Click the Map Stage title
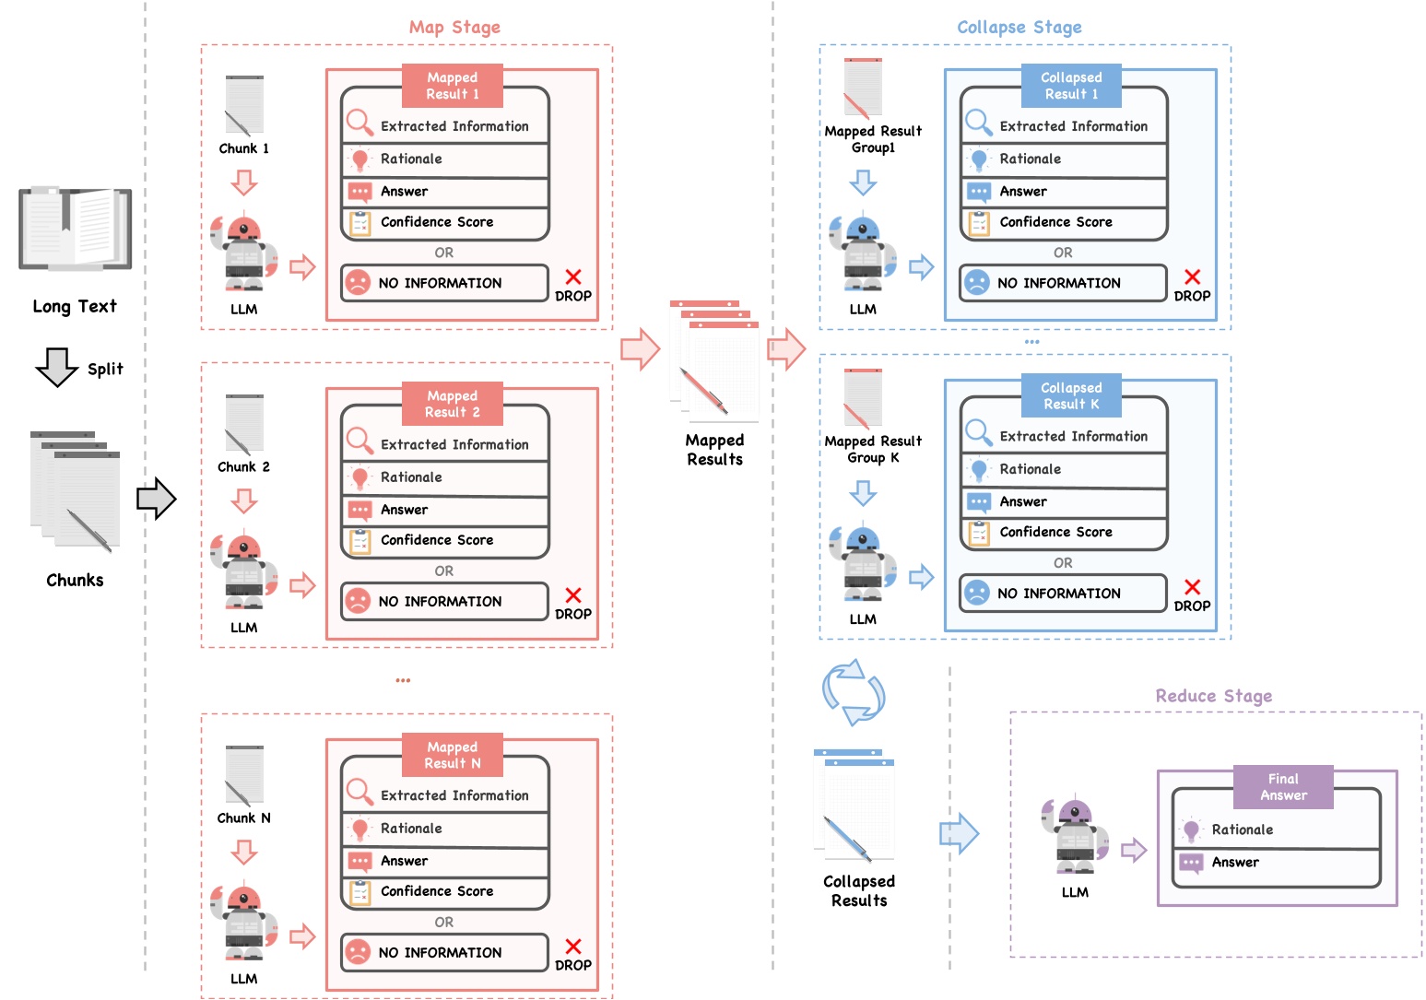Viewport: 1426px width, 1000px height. click(x=454, y=27)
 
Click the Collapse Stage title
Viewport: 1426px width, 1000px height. click(x=1019, y=27)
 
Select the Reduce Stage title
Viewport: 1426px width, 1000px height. click(x=1213, y=696)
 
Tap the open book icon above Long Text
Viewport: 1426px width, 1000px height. click(x=75, y=229)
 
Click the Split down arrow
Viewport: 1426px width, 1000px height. click(x=57, y=367)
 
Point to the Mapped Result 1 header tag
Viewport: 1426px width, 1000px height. click(x=453, y=86)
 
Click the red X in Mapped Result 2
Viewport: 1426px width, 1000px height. click(x=573, y=595)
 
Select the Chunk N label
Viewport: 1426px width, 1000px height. click(x=243, y=818)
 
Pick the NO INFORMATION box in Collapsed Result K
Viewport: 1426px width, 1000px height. click(x=1063, y=594)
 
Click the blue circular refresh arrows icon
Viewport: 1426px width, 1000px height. click(x=854, y=692)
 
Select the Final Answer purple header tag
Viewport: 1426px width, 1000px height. click(x=1283, y=787)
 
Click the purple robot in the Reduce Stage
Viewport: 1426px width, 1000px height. click(x=1075, y=837)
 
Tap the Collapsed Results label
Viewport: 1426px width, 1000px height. click(x=859, y=890)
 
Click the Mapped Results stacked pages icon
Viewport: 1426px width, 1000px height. click(x=714, y=361)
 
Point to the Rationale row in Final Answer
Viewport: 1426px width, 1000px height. click(x=1276, y=829)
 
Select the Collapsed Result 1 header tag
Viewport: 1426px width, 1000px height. click(x=1071, y=86)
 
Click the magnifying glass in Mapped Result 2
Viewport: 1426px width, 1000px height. click(x=359, y=441)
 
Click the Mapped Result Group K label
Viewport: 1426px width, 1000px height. click(x=873, y=449)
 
